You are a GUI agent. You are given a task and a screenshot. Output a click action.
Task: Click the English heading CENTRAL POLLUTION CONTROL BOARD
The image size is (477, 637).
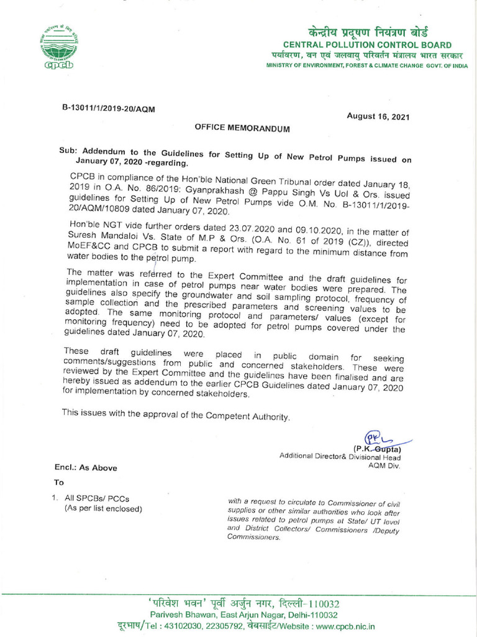pos(367,45)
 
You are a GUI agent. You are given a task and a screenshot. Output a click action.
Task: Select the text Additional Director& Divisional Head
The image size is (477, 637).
pos(340,457)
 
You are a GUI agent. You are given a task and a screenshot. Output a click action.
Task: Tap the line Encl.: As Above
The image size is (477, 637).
pos(85,468)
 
